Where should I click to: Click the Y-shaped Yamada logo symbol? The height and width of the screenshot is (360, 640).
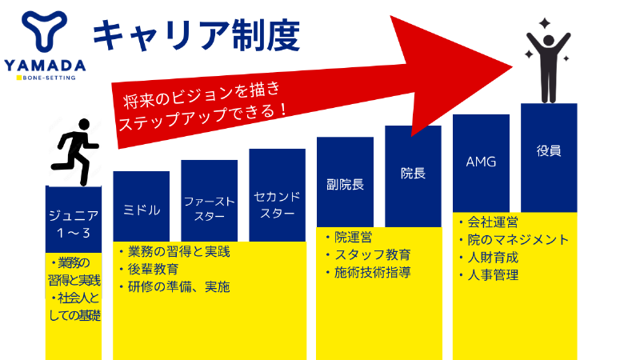pyautogui.click(x=44, y=31)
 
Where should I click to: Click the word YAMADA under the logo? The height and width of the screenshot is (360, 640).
pyautogui.click(x=45, y=66)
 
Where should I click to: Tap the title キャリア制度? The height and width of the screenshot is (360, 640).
pyautogui.click(x=196, y=36)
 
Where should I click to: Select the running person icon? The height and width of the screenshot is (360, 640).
pyautogui.click(x=74, y=152)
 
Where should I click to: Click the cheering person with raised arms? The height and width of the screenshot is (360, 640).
pyautogui.click(x=548, y=62)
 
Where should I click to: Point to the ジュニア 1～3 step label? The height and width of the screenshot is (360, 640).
pyautogui.click(x=74, y=224)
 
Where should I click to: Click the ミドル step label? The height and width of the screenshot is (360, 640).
pyautogui.click(x=142, y=210)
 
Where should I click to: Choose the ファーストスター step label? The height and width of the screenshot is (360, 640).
pyautogui.click(x=210, y=209)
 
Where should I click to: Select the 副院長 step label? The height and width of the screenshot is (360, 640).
pyautogui.click(x=345, y=185)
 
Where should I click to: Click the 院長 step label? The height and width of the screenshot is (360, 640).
pyautogui.click(x=413, y=173)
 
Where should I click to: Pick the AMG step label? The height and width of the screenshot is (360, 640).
pyautogui.click(x=481, y=162)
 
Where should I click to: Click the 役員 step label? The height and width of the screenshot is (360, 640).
pyautogui.click(x=549, y=151)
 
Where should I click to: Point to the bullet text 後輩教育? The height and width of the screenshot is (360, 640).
pyautogui.click(x=153, y=270)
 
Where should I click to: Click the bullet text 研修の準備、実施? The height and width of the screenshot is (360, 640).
pyautogui.click(x=178, y=287)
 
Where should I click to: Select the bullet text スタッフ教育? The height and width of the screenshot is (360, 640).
pyautogui.click(x=372, y=255)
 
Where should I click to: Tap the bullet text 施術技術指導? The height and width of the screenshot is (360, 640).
pyautogui.click(x=372, y=273)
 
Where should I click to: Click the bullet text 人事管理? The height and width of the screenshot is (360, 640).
pyautogui.click(x=493, y=275)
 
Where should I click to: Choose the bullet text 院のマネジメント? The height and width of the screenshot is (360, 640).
pyautogui.click(x=518, y=239)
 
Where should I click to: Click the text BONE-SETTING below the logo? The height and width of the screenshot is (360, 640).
pyautogui.click(x=49, y=78)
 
